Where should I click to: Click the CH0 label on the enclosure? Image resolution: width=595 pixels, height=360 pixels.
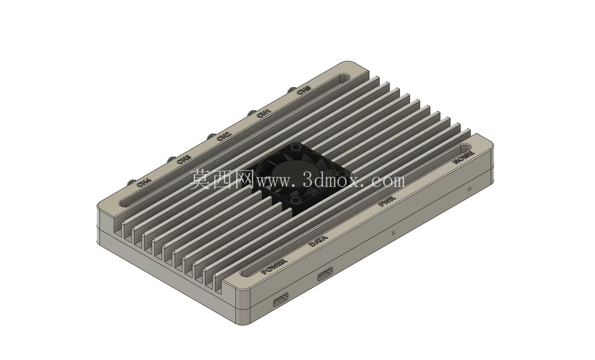[x=304, y=90]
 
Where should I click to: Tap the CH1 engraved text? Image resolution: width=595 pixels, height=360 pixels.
[x=264, y=113]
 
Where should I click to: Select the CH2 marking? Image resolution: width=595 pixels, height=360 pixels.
[x=224, y=136]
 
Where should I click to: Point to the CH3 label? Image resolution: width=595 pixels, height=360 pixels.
[x=184, y=159]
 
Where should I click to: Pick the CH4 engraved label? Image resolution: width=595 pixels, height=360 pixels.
[x=144, y=183]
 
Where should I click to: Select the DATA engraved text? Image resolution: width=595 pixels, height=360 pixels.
[x=318, y=241]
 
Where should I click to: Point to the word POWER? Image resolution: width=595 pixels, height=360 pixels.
[x=274, y=266]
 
